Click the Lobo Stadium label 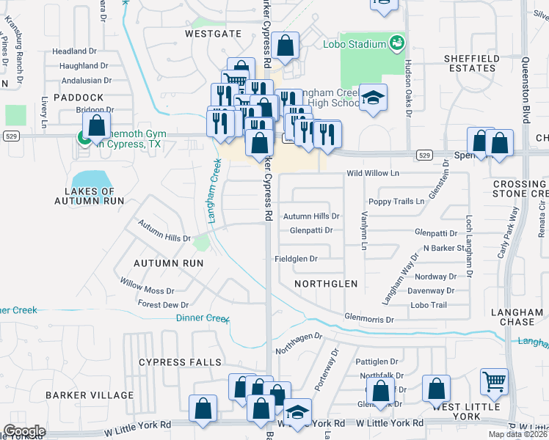coord(355,44)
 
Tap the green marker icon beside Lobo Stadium coord(397,43)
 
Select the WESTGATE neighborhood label coord(213,34)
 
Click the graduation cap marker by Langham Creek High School coord(373,99)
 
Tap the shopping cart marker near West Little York coord(494,381)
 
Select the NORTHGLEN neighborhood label coord(325,283)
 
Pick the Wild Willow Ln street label coord(373,174)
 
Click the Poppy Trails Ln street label coord(396,201)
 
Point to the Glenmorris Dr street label coord(370,320)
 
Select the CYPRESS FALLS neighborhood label coord(180,362)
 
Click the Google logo coord(24,430)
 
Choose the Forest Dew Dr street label coord(163,304)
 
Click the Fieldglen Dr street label coord(296,259)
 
